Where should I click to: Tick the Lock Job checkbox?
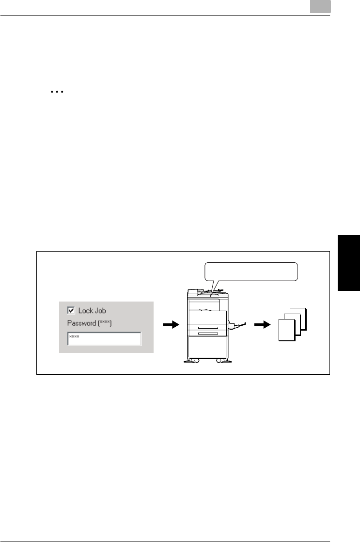pyautogui.click(x=71, y=310)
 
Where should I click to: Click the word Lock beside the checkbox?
pyautogui.click(x=85, y=310)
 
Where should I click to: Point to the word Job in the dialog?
pyautogui.click(x=100, y=311)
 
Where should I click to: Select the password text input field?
pyautogui.click(x=104, y=338)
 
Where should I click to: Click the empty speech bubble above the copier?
pyautogui.click(x=250, y=271)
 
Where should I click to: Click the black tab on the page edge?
pyautogui.click(x=349, y=262)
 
